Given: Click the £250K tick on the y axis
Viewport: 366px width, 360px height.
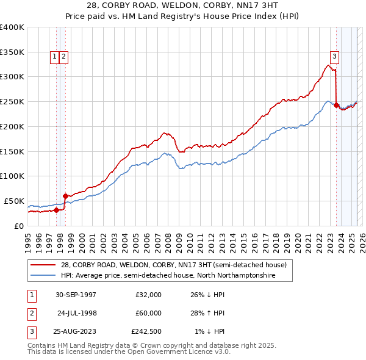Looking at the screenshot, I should click(12, 101).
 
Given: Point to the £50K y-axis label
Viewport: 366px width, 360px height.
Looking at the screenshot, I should click(14, 201).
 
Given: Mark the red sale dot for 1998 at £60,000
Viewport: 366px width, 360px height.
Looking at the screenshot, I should click(65, 196).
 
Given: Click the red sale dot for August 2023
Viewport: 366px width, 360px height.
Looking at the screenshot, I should click(336, 105).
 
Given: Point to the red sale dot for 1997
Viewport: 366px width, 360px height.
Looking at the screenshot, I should click(57, 210).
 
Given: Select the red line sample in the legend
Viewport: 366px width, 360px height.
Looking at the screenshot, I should click(43, 265).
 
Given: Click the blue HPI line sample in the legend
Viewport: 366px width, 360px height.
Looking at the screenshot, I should click(43, 276).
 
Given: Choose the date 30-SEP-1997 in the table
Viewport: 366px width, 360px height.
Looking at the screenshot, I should click(76, 295).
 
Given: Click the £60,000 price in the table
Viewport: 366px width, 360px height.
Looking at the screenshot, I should click(148, 313).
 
